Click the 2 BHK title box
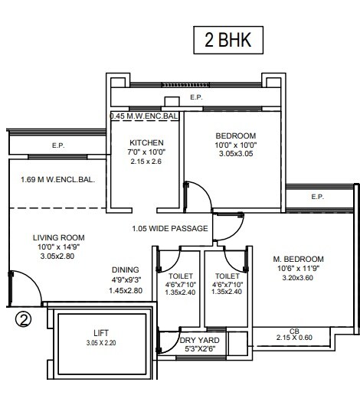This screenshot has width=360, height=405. [227, 40]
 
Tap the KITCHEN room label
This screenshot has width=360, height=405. [147, 143]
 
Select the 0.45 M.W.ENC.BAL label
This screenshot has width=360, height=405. [145, 116]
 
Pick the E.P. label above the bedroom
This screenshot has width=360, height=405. [196, 98]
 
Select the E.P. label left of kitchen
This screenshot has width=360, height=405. [57, 145]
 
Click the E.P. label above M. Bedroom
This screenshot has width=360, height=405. [318, 197]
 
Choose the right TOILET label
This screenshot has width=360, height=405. [227, 276]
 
